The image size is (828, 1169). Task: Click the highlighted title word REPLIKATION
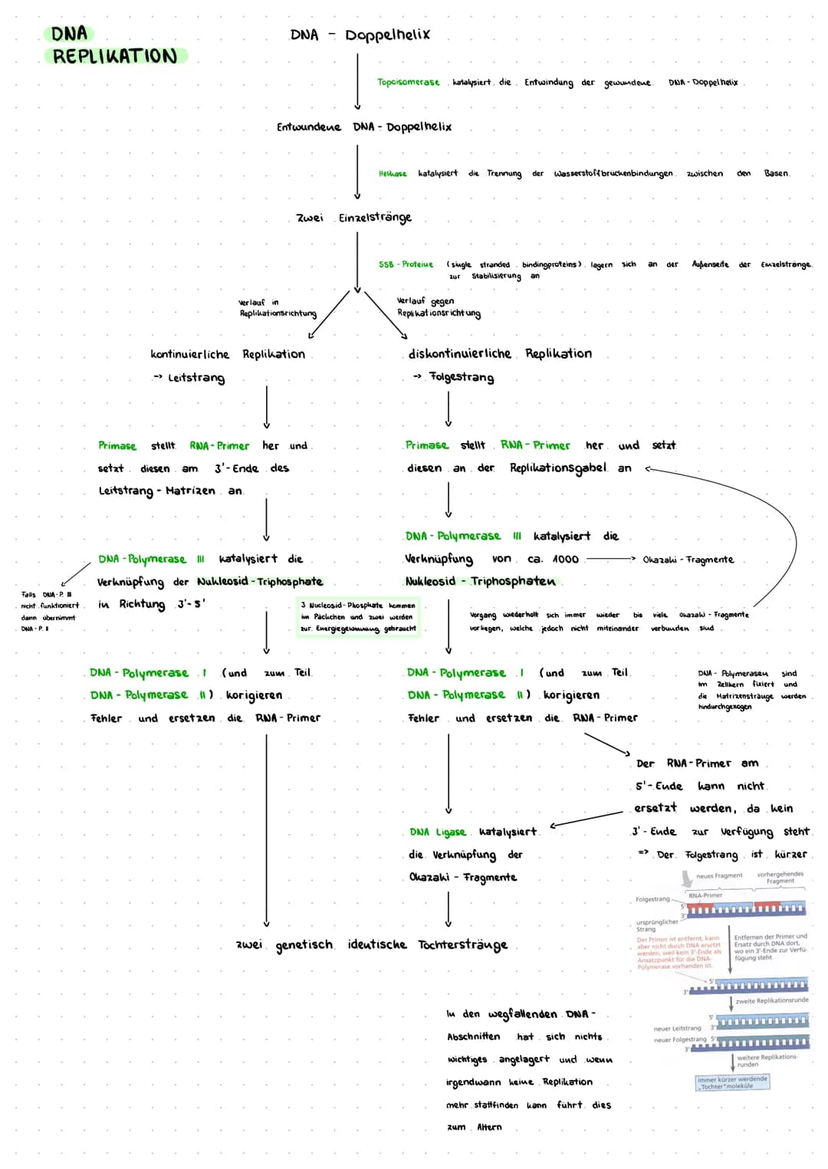tap(115, 56)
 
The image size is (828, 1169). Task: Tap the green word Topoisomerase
tap(408, 82)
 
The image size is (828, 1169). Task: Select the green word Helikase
tap(393, 173)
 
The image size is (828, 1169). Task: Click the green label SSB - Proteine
tap(406, 264)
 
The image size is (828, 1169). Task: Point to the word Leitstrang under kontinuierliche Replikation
tap(196, 377)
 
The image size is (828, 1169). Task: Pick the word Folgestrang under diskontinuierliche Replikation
tap(462, 377)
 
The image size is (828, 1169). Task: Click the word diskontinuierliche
tap(459, 353)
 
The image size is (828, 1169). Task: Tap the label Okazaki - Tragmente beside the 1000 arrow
tap(688, 560)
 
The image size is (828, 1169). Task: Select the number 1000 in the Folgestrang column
tap(565, 559)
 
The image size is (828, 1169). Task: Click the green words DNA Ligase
tap(437, 832)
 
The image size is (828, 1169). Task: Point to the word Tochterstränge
tap(462, 944)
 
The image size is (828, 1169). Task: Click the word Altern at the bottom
tap(489, 1127)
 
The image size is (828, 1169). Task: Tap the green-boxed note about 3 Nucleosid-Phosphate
tap(358, 617)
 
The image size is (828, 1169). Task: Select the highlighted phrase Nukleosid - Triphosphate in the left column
tap(260, 582)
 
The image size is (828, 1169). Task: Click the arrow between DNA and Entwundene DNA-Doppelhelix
tap(357, 81)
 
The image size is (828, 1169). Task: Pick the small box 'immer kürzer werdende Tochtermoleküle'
tap(731, 1082)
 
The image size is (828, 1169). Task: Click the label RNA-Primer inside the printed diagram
tap(705, 895)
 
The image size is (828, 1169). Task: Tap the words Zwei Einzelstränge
tap(353, 218)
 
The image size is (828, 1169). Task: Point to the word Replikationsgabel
tap(557, 468)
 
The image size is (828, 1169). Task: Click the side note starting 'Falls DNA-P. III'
tap(48, 611)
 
